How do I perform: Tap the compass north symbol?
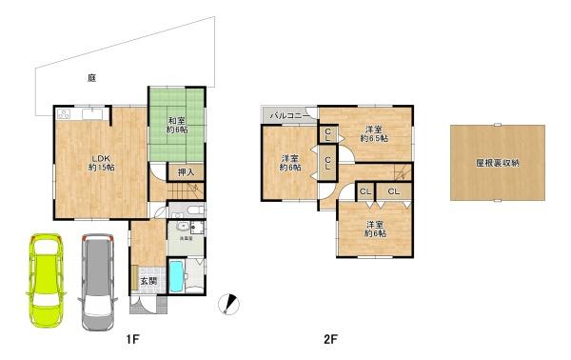228,303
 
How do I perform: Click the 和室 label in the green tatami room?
176,120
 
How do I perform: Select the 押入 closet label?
187,172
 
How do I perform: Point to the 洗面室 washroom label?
185,240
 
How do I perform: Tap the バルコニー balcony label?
287,115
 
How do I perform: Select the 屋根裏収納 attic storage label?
497,163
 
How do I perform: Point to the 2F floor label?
330,338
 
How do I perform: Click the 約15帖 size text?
102,167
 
